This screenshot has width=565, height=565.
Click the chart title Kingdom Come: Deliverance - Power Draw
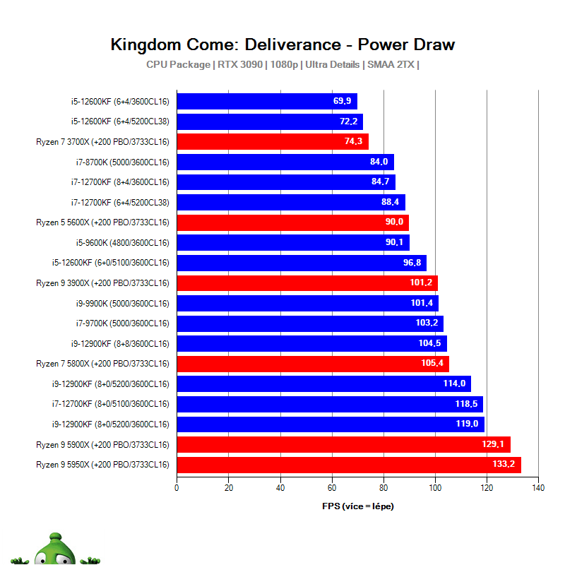[282, 44]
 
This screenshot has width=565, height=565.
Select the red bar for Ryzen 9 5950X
[348, 465]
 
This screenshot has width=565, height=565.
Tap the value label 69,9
[343, 101]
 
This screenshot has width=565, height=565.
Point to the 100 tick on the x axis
[435, 487]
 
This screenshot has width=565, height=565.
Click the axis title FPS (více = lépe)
[357, 506]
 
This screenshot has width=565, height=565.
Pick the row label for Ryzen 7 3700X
[102, 142]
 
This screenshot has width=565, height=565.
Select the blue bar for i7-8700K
[285, 162]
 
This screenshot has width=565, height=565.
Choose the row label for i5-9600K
[123, 243]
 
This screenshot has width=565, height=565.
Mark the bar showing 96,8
[301, 263]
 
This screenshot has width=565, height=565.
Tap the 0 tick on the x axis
[177, 487]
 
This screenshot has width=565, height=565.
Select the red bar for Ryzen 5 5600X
[292, 222]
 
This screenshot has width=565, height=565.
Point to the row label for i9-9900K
[123, 304]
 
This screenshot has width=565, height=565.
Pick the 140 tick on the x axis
[538, 487]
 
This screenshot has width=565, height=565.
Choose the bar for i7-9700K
[309, 323]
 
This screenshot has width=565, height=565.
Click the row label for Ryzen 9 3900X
[102, 283]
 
